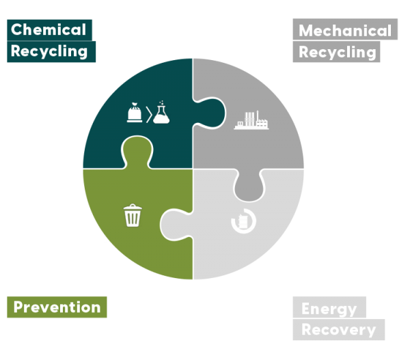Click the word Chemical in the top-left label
(49, 29)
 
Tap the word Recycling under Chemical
(50, 51)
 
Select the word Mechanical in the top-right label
(345, 31)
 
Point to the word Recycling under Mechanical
(338, 52)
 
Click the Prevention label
(57, 307)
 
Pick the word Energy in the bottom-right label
(329, 308)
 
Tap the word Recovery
(338, 330)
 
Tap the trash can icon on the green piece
(133, 216)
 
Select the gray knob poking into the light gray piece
(247, 185)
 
